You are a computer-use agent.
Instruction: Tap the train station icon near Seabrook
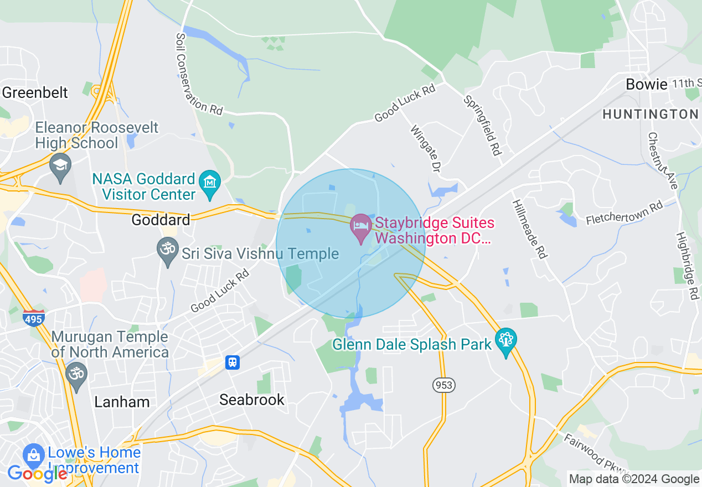pos(233,362)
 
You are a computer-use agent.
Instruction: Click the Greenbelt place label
pos(35,92)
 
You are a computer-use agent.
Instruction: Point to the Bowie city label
pos(646,84)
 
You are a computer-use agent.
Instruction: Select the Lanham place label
pos(122,402)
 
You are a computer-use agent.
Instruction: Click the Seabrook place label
pos(252,400)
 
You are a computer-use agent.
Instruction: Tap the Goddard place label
pos(161,220)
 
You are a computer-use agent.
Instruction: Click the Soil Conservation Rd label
pos(198,75)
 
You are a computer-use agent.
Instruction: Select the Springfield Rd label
pos(482,126)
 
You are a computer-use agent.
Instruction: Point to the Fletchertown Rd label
pos(624,213)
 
